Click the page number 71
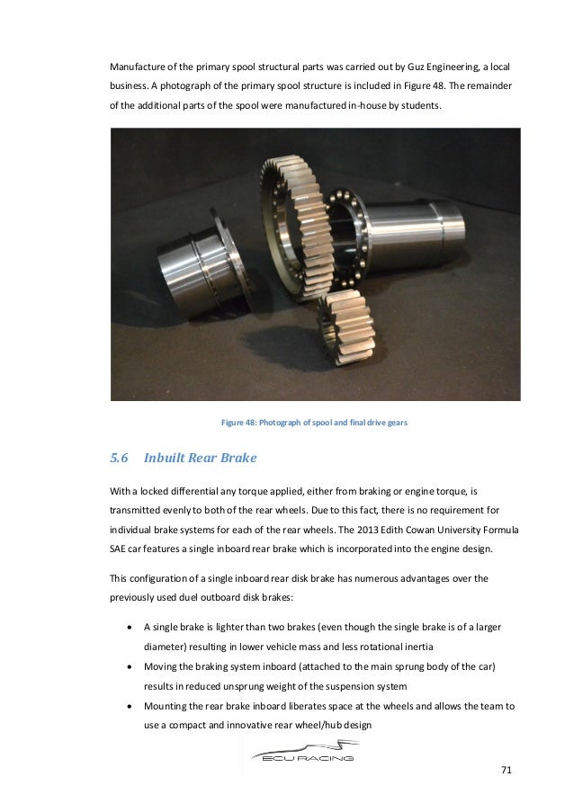(x=506, y=772)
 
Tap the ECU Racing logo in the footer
(x=300, y=750)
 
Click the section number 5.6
(x=120, y=459)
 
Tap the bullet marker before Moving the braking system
(x=133, y=667)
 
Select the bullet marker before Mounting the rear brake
(x=133, y=707)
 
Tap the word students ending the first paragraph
(x=417, y=106)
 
